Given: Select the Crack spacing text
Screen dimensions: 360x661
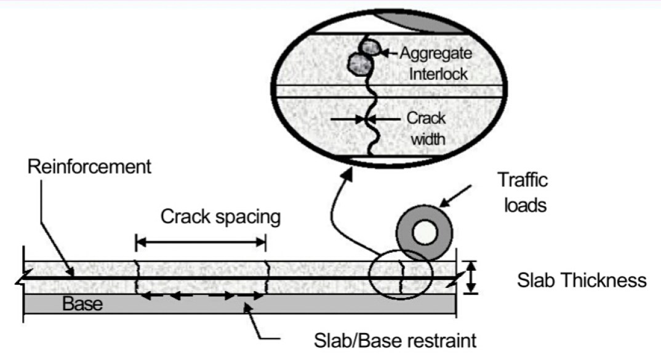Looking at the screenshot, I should click(x=220, y=217).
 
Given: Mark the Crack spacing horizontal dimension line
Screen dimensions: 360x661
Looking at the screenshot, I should click(x=201, y=242).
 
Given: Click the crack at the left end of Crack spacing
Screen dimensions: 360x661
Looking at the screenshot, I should click(x=136, y=276).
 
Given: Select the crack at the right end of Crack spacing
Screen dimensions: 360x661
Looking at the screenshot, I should click(x=266, y=276).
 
